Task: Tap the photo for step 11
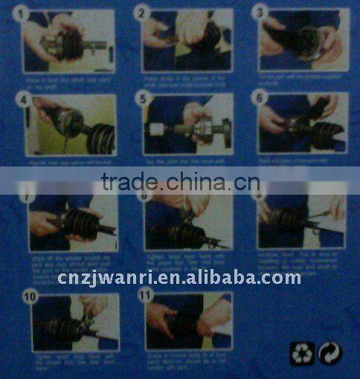[190, 322]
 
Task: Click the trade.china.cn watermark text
[180, 181]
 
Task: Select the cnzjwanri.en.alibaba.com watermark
[179, 278]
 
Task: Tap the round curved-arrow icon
[330, 352]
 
